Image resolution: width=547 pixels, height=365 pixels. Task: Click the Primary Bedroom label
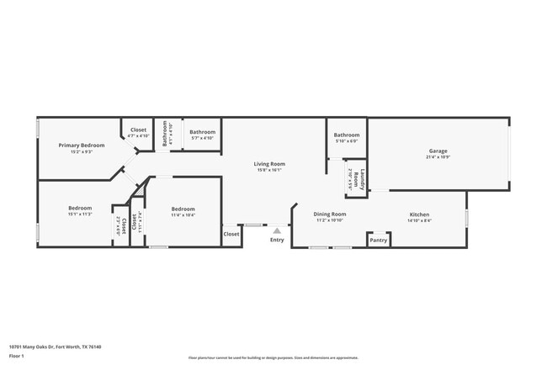[x=81, y=145]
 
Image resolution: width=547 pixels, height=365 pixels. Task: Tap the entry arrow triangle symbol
[x=276, y=230]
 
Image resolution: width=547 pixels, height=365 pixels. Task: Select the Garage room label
[x=438, y=151]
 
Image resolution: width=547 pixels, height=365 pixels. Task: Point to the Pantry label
[x=379, y=241]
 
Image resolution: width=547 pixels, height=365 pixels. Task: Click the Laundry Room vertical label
[x=357, y=178]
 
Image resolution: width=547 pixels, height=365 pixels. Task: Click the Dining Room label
[x=330, y=214]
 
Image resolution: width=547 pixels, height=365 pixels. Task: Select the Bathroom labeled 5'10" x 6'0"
[x=346, y=135]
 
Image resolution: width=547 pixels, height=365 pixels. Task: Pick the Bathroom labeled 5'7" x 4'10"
[x=202, y=132]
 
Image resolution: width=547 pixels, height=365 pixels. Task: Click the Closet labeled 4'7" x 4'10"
[x=138, y=130]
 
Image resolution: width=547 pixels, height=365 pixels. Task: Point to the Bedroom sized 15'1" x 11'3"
[x=80, y=208]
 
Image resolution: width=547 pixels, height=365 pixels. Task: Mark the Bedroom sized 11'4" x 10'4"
[x=183, y=209]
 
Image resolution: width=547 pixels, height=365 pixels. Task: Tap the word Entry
[x=277, y=240]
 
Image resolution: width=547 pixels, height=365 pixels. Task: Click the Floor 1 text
[x=17, y=356]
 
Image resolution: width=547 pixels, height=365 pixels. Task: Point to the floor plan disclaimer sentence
[x=273, y=357]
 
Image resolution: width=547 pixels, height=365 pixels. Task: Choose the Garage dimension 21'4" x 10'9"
[x=438, y=157]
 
